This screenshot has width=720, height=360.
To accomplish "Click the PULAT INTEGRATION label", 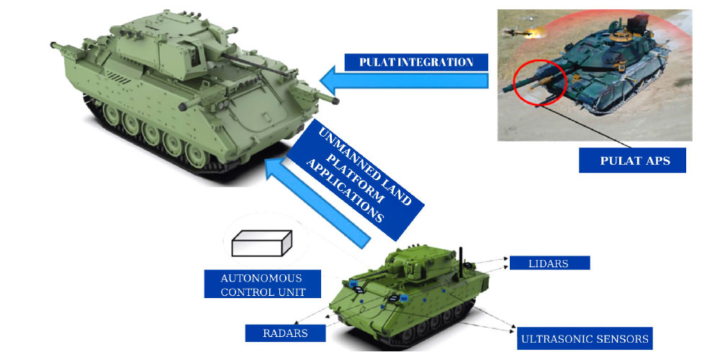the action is point(416,62).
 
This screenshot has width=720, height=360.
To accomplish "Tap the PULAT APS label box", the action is point(632,161).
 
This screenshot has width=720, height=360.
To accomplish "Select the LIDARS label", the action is point(549,263).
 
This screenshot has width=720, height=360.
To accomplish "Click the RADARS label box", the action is point(285,333).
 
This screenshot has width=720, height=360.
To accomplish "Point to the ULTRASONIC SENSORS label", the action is point(585,339).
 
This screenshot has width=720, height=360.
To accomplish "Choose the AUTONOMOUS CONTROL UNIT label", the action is point(263,284).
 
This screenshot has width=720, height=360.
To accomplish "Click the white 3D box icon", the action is point(261,243).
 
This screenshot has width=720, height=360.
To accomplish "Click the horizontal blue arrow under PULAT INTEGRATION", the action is point(404,80).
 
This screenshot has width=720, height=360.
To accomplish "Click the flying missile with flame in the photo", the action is point(523,32).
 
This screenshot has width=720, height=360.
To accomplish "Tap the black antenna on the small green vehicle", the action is point(461,263).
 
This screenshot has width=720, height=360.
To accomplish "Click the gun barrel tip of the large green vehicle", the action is point(336,101).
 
